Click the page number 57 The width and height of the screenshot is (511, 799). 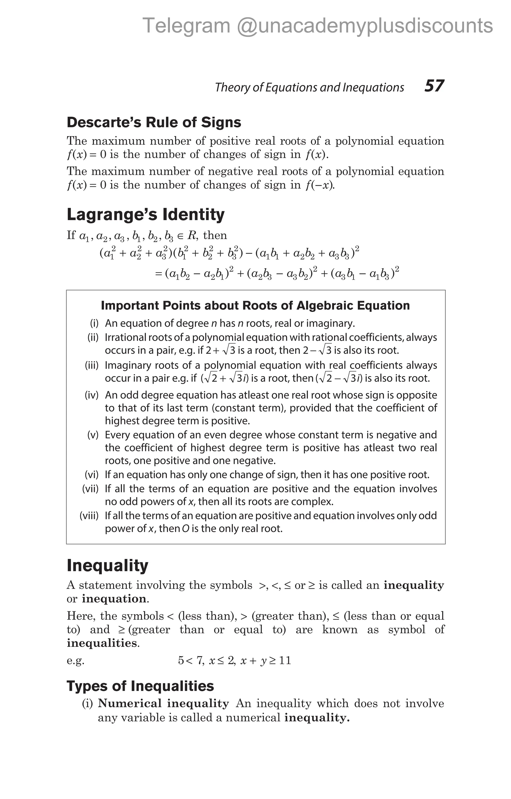(x=434, y=86)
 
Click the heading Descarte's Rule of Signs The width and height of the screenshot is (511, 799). (x=154, y=122)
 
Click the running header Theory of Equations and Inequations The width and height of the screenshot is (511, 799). (x=309, y=87)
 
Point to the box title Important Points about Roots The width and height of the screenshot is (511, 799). (x=255, y=305)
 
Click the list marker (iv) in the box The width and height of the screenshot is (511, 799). (x=92, y=395)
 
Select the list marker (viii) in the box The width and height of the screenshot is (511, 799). (x=89, y=515)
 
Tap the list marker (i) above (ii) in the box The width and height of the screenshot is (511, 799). (x=94, y=323)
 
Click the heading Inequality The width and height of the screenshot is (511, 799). (x=107, y=565)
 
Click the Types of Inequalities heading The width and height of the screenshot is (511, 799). (x=140, y=686)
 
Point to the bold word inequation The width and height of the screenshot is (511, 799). (x=114, y=599)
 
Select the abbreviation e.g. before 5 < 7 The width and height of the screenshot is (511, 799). (x=75, y=660)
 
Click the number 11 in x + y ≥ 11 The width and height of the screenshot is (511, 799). (x=285, y=660)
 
